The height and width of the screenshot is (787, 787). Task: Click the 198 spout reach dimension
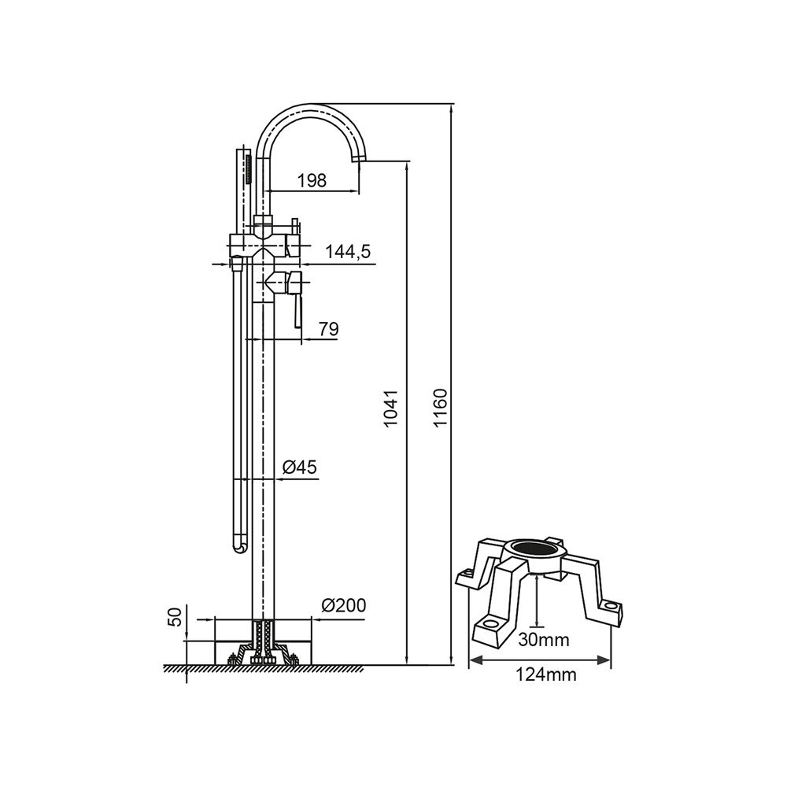tap(312, 180)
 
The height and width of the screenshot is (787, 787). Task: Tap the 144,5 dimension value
tap(348, 252)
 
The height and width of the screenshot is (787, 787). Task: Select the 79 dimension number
tap(329, 329)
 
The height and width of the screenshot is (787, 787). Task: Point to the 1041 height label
tap(390, 408)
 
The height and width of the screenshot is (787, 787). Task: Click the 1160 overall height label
tap(440, 407)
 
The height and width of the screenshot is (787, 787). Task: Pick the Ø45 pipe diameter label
tap(300, 467)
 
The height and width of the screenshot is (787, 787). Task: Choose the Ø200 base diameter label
tap(344, 605)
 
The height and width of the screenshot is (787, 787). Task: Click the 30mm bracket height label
tap(544, 640)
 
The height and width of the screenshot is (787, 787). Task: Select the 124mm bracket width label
tap(546, 675)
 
